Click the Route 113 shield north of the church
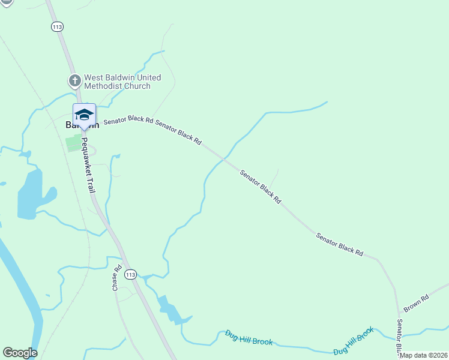pos(58,26)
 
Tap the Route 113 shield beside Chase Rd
pos(131,274)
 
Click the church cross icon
pos(74,80)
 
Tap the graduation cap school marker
pos(84,114)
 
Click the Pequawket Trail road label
pos(88,165)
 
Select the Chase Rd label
pos(117,278)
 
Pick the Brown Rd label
pos(416,303)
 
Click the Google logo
pos(20,353)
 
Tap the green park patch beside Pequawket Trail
pos(73,143)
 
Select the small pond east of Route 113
pos(169,310)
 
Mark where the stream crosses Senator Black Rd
pos(223,159)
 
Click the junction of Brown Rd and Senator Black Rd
pos(399,313)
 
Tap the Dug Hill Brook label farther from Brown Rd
pos(249,338)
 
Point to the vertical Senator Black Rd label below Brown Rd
pos(399,337)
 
